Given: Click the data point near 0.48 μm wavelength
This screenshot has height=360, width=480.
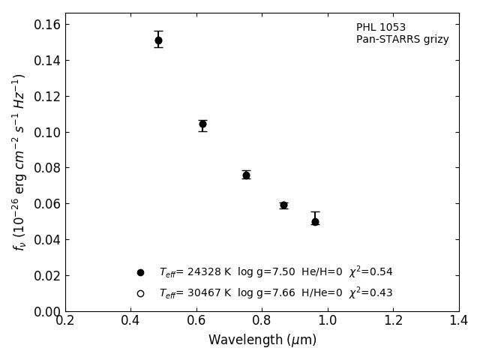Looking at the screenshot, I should (158, 40).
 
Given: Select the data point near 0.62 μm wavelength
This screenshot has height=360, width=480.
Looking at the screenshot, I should (202, 124).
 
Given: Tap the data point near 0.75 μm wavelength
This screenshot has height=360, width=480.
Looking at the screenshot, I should (246, 175).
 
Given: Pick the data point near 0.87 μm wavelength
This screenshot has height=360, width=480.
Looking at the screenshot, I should (283, 205).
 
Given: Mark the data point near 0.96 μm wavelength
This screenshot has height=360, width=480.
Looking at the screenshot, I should (315, 221).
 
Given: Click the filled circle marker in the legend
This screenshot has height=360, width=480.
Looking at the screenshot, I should (140, 272).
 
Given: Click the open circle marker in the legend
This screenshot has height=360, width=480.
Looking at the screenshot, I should (140, 293).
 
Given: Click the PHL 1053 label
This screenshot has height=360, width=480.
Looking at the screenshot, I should (381, 28).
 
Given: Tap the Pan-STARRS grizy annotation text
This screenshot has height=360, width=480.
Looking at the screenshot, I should (402, 40).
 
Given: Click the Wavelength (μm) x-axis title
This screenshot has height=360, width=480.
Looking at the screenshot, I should (262, 340).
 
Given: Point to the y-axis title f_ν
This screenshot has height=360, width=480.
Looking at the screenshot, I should (19, 162).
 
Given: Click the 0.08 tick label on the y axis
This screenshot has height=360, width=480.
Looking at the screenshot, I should (46, 168).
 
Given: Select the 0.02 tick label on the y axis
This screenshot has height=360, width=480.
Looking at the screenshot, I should (46, 276).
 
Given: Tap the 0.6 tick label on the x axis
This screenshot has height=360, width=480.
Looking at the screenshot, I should (196, 321).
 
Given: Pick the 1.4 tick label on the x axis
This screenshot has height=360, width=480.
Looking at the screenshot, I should (458, 321).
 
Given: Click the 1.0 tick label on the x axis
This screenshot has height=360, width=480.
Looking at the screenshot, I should (328, 321).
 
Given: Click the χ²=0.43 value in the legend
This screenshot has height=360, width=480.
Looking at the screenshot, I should (370, 292).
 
